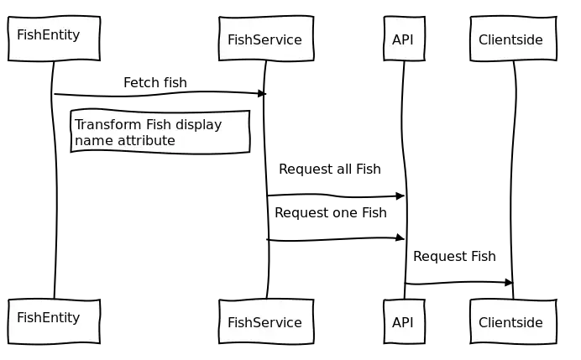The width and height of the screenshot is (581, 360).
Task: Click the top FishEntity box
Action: pyautogui.click(x=54, y=38)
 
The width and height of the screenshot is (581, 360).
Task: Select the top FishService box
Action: pyautogui.click(x=265, y=39)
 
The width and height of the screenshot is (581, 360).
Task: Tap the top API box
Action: pyautogui.click(x=404, y=39)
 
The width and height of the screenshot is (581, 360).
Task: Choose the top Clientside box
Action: pyautogui.click(x=512, y=39)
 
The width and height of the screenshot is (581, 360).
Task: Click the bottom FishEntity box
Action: pyautogui.click(x=54, y=321)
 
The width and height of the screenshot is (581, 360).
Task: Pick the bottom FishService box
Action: pyautogui.click(x=265, y=321)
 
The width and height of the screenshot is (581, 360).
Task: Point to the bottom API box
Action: pyautogui.click(x=404, y=321)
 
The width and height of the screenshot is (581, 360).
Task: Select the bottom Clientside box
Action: pyautogui.click(x=512, y=321)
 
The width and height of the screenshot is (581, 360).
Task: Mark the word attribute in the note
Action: pyautogui.click(x=146, y=141)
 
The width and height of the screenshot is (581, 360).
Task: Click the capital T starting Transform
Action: pyautogui.click(x=78, y=125)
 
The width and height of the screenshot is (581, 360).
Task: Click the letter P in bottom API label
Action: pyautogui.click(x=404, y=322)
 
